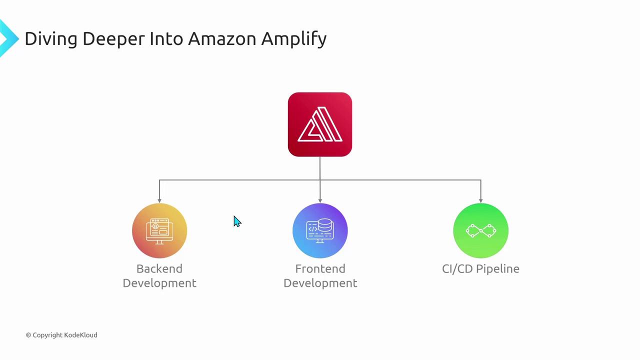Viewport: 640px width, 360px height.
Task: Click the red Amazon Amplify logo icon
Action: pos(320,124)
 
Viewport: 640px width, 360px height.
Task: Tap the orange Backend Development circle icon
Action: pos(159,230)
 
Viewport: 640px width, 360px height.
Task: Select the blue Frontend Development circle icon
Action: pos(320,230)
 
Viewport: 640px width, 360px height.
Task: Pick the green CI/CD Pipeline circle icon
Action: pos(480,230)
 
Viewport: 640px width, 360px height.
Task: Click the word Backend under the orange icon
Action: pos(159,269)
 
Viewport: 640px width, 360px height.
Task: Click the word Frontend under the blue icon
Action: pos(320,269)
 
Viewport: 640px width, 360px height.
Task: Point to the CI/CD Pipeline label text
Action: pos(480,269)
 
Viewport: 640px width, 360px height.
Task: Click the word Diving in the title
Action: pos(50,39)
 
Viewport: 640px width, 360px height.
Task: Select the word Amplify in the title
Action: pos(293,39)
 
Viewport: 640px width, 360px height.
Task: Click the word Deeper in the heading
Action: pos(113,39)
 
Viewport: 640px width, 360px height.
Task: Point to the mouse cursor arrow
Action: pos(236,221)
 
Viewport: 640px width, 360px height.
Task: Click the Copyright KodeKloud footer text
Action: pos(61,335)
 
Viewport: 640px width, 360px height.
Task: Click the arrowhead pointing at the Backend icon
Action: pos(159,200)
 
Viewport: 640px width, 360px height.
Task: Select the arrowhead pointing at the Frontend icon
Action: pos(320,200)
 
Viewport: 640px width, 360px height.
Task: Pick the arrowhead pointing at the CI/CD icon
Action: pos(480,200)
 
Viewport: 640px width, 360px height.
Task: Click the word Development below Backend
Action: pos(159,283)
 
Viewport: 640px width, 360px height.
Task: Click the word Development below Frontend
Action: pos(320,283)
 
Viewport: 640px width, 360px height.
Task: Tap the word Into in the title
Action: pos(166,38)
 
